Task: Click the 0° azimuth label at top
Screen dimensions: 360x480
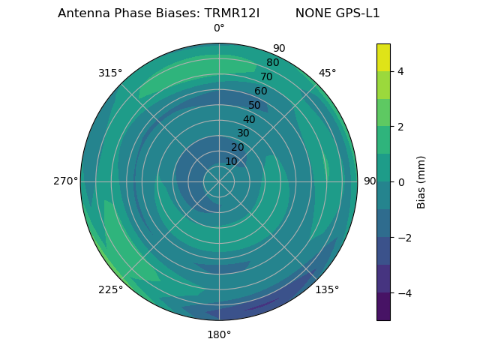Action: coord(219,28)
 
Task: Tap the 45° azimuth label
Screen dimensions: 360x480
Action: coord(328,73)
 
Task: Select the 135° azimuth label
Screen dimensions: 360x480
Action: coord(327,289)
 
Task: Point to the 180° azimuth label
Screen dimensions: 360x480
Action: coord(219,334)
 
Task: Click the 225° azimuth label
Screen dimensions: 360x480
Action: coord(110,289)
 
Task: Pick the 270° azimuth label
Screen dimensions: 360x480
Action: coord(66,181)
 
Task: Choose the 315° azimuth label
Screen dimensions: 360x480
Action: coord(110,73)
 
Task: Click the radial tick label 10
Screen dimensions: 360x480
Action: coord(231,161)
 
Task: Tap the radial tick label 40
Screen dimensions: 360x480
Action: coord(249,119)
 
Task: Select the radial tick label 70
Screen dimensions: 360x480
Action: coord(266,76)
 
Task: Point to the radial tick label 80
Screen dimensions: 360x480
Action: coord(272,62)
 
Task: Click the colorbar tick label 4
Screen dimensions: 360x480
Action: coord(400,71)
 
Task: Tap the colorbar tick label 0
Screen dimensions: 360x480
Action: coord(400,182)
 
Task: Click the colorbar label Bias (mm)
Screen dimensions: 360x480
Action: coord(421,181)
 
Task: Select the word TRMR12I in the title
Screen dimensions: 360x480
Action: coord(232,13)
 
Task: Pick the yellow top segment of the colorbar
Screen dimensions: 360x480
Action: coord(383,57)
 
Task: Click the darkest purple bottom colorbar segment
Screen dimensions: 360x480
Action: coord(383,307)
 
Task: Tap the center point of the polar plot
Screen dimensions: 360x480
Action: coord(219,181)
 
